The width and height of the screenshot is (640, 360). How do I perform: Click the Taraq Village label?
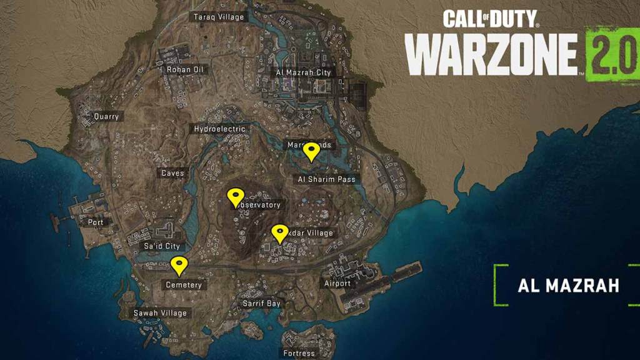[x=219, y=17]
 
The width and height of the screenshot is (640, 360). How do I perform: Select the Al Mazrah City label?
[x=304, y=72]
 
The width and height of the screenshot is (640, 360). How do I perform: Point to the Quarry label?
[x=106, y=116]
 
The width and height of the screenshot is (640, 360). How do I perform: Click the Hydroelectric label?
[x=219, y=129]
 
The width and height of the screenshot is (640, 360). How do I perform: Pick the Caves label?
[x=172, y=173]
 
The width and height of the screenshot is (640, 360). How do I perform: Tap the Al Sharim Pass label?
[x=326, y=179]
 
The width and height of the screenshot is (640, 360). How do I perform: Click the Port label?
[x=96, y=222]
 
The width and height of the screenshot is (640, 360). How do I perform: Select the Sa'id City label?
[x=162, y=246]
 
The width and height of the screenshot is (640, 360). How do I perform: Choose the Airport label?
[x=337, y=283]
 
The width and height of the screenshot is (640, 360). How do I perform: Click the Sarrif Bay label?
[x=261, y=303]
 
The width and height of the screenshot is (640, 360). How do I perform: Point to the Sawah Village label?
[x=160, y=312]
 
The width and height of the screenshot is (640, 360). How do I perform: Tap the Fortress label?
[x=299, y=353]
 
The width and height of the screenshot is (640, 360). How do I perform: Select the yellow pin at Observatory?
[x=236, y=197]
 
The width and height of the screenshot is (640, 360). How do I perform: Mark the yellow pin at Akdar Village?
[x=279, y=234]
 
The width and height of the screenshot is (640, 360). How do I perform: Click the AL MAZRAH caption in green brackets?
[x=568, y=286]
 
